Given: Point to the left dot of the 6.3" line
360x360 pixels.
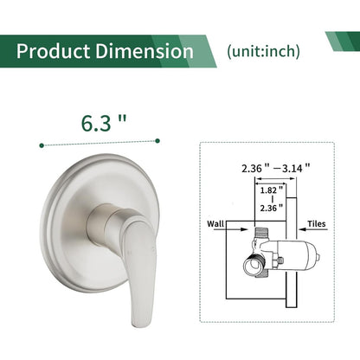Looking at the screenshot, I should pos(42,145).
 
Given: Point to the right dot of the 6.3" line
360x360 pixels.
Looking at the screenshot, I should pos(158,138).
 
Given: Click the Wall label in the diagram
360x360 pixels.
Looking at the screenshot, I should pos(216,223).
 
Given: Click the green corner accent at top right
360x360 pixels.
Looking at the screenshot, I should pos(344,41).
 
